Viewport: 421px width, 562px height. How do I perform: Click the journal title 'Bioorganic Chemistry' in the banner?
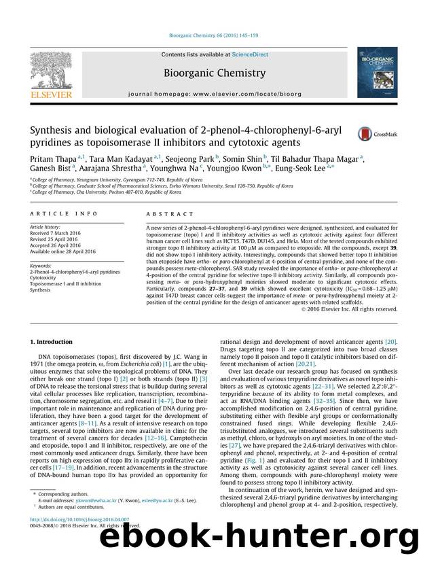pyautogui.click(x=210, y=70)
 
